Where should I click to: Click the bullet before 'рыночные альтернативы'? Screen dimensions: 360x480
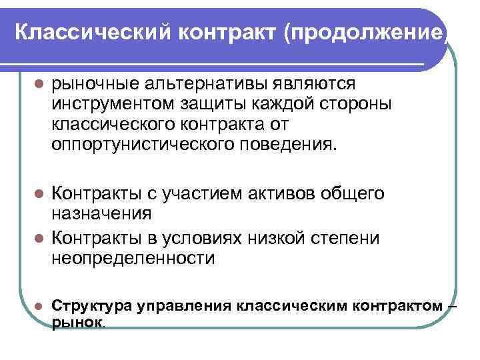tap(38, 84)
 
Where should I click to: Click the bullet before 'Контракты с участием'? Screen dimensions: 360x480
tap(38, 194)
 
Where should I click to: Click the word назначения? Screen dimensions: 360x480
tap(101, 214)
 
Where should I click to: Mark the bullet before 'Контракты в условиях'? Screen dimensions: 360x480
tap(38, 238)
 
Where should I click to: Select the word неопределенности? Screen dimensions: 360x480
tap(133, 258)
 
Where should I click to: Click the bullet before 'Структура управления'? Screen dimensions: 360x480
tap(38, 306)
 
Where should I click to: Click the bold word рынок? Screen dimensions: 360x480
tap(77, 322)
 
